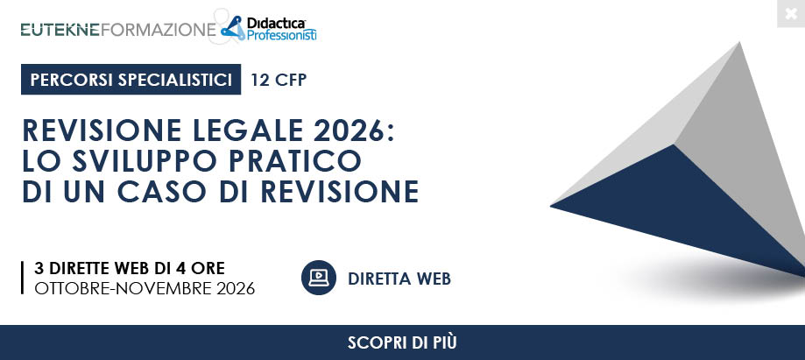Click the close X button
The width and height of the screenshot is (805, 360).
pos(791,14)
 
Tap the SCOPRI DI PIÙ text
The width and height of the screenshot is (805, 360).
pos(402,342)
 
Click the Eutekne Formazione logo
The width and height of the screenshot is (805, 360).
pos(118,30)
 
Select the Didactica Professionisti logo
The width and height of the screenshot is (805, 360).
pos(269,28)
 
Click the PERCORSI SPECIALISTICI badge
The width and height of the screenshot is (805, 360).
pos(131,80)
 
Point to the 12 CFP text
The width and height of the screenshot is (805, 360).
pos(279,80)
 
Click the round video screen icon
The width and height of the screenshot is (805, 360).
pos(319,278)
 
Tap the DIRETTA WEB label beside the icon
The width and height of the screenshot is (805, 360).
pos(399,279)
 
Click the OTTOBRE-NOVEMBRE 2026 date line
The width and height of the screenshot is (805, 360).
pos(145,289)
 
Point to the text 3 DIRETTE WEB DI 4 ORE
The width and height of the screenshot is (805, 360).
pos(130,268)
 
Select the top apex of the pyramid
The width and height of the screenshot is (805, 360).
pos(740,42)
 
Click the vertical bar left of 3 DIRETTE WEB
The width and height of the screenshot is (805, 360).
pos(23,278)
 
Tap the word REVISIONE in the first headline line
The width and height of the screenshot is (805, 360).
pos(102,131)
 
